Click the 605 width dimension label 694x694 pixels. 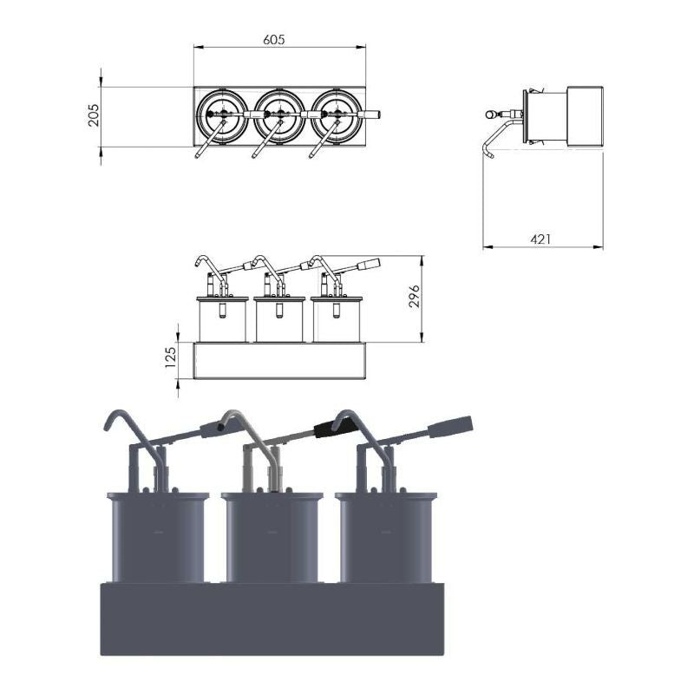[274, 39]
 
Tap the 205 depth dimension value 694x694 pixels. [94, 115]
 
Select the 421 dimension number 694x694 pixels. [540, 239]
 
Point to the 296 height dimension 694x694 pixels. [414, 297]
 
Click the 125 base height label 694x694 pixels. [171, 357]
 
